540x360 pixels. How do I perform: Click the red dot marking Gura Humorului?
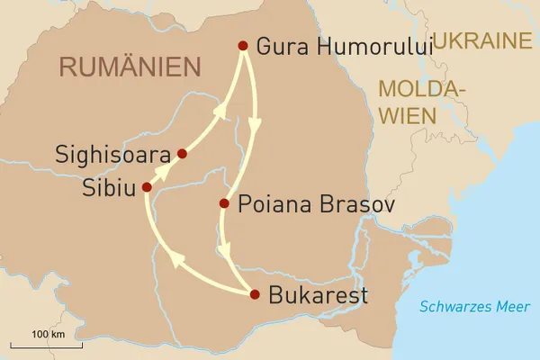point(241,45)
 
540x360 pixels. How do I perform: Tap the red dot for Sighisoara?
point(182,154)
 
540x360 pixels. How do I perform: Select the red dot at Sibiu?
point(147,187)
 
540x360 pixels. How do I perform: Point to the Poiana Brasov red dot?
point(224,203)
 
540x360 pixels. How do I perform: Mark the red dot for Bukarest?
point(255,293)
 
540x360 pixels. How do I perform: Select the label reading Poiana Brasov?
point(304,204)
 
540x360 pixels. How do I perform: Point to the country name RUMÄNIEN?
point(128,66)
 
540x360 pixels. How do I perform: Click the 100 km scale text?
point(47,334)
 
